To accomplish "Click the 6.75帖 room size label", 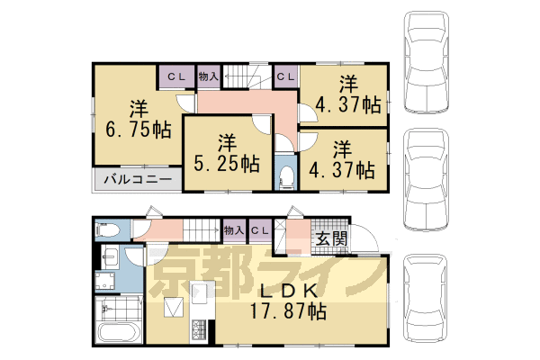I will point(138,129).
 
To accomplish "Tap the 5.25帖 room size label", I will point(226,164).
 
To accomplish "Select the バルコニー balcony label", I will point(137,179).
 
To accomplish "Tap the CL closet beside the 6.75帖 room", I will point(175,77).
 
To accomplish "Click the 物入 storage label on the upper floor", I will point(208,77).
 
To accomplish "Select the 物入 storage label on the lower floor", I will point(233,231).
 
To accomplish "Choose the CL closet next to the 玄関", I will point(260,231).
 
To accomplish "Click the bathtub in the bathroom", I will point(118,333).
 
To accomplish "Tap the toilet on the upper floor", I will point(287,175).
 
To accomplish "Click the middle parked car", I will point(429,177).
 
